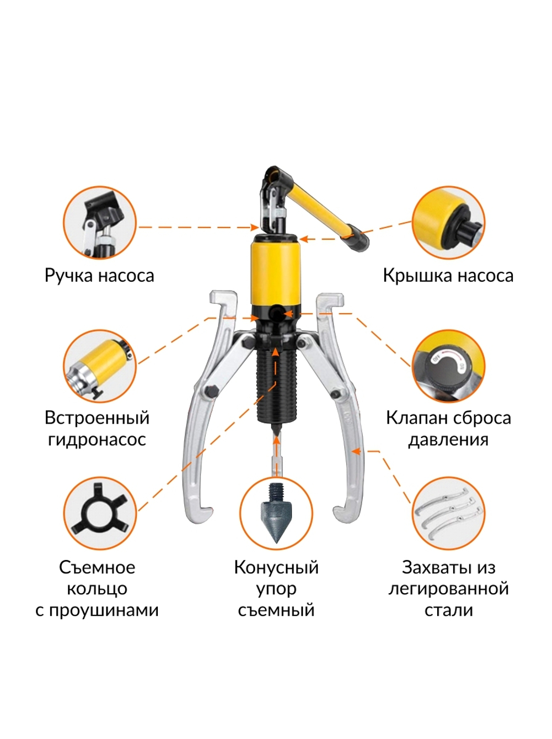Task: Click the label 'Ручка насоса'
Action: tap(99, 275)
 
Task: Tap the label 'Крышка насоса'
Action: tap(448, 275)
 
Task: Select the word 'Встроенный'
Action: tap(97, 418)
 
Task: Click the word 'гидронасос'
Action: tap(97, 440)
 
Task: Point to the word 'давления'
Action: tap(448, 440)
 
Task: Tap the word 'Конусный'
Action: tap(276, 567)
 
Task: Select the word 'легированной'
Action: tap(448, 589)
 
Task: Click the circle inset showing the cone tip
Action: tap(276, 514)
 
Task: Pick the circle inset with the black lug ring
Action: tap(99, 514)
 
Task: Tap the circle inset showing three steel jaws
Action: tap(448, 514)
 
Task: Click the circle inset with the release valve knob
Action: tap(448, 366)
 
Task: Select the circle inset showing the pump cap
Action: tap(448, 223)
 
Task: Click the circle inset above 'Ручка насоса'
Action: tap(99, 223)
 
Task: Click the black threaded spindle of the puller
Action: tap(277, 387)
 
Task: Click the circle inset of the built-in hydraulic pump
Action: tap(99, 366)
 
